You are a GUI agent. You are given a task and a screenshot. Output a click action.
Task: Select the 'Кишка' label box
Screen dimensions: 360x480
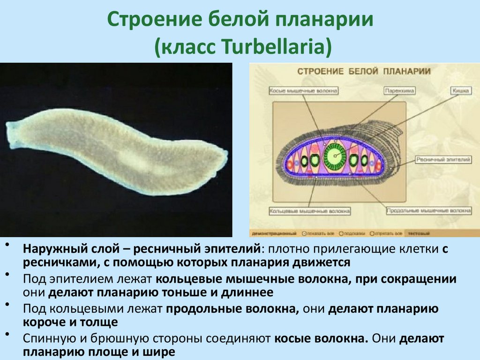(x=461, y=90)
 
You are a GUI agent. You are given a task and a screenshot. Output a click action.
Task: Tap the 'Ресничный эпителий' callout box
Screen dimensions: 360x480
(x=443, y=160)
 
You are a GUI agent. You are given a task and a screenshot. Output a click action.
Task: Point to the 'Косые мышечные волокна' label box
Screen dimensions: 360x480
(x=303, y=90)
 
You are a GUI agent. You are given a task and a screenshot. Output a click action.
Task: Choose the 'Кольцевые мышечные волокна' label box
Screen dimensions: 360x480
(x=310, y=211)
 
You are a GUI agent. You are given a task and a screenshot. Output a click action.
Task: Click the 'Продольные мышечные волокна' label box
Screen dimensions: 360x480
(x=428, y=211)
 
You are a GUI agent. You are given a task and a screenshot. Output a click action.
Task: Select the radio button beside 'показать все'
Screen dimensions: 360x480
(x=305, y=233)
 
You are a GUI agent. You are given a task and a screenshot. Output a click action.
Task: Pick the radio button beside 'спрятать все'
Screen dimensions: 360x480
(x=372, y=233)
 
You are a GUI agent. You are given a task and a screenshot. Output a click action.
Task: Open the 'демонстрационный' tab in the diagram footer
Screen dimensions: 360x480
(x=274, y=233)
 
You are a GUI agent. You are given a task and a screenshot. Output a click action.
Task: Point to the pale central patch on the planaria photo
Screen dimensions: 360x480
(x=136, y=159)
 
